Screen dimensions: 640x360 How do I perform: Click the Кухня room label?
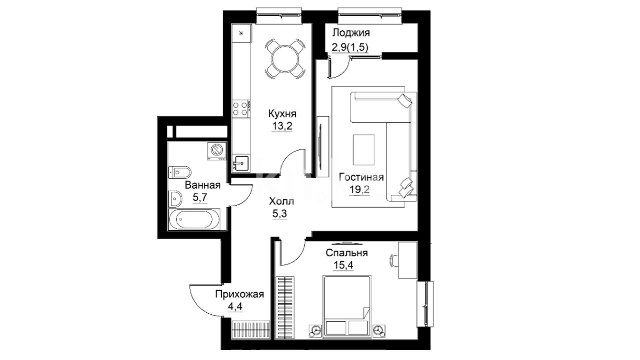pyautogui.click(x=282, y=114)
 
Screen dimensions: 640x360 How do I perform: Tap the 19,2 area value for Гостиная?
pyautogui.click(x=360, y=189)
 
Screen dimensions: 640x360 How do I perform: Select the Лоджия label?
pyautogui.click(x=351, y=33)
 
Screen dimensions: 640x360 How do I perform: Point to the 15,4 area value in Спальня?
pyautogui.click(x=343, y=265)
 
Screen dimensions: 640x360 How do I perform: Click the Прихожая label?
pyautogui.click(x=239, y=294)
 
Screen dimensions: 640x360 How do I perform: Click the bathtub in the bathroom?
pyautogui.click(x=194, y=219)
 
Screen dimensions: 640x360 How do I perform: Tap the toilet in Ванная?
pyautogui.click(x=180, y=173)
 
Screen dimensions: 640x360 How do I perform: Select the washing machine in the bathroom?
pyautogui.click(x=217, y=151)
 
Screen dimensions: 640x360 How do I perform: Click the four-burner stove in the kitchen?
pyautogui.click(x=241, y=108)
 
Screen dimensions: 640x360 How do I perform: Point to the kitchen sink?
pyautogui.click(x=241, y=163)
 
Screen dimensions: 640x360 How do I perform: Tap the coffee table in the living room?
pyautogui.click(x=364, y=150)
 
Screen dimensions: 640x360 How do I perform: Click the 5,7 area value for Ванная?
pyautogui.click(x=200, y=197)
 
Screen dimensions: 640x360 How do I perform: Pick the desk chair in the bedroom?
pyautogui.click(x=394, y=260)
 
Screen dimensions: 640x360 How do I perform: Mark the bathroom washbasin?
pyautogui.click(x=175, y=199)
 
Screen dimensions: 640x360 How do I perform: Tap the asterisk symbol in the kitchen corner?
pyautogui.click(x=241, y=33)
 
